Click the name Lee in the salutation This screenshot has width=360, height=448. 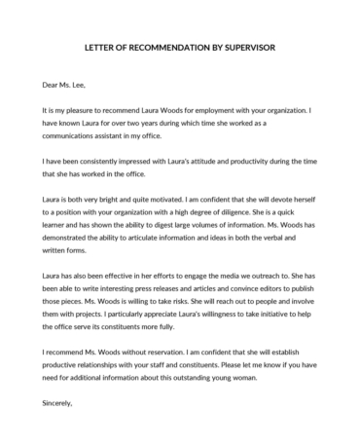94,85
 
